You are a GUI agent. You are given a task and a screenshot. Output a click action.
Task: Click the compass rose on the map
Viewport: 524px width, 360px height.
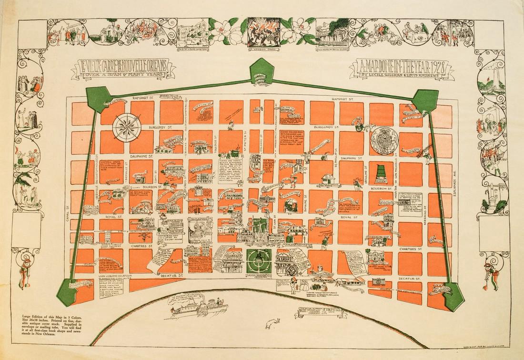[x=126, y=125]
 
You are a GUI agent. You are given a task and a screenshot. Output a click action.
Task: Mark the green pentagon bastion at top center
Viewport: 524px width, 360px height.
[x=262, y=70]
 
